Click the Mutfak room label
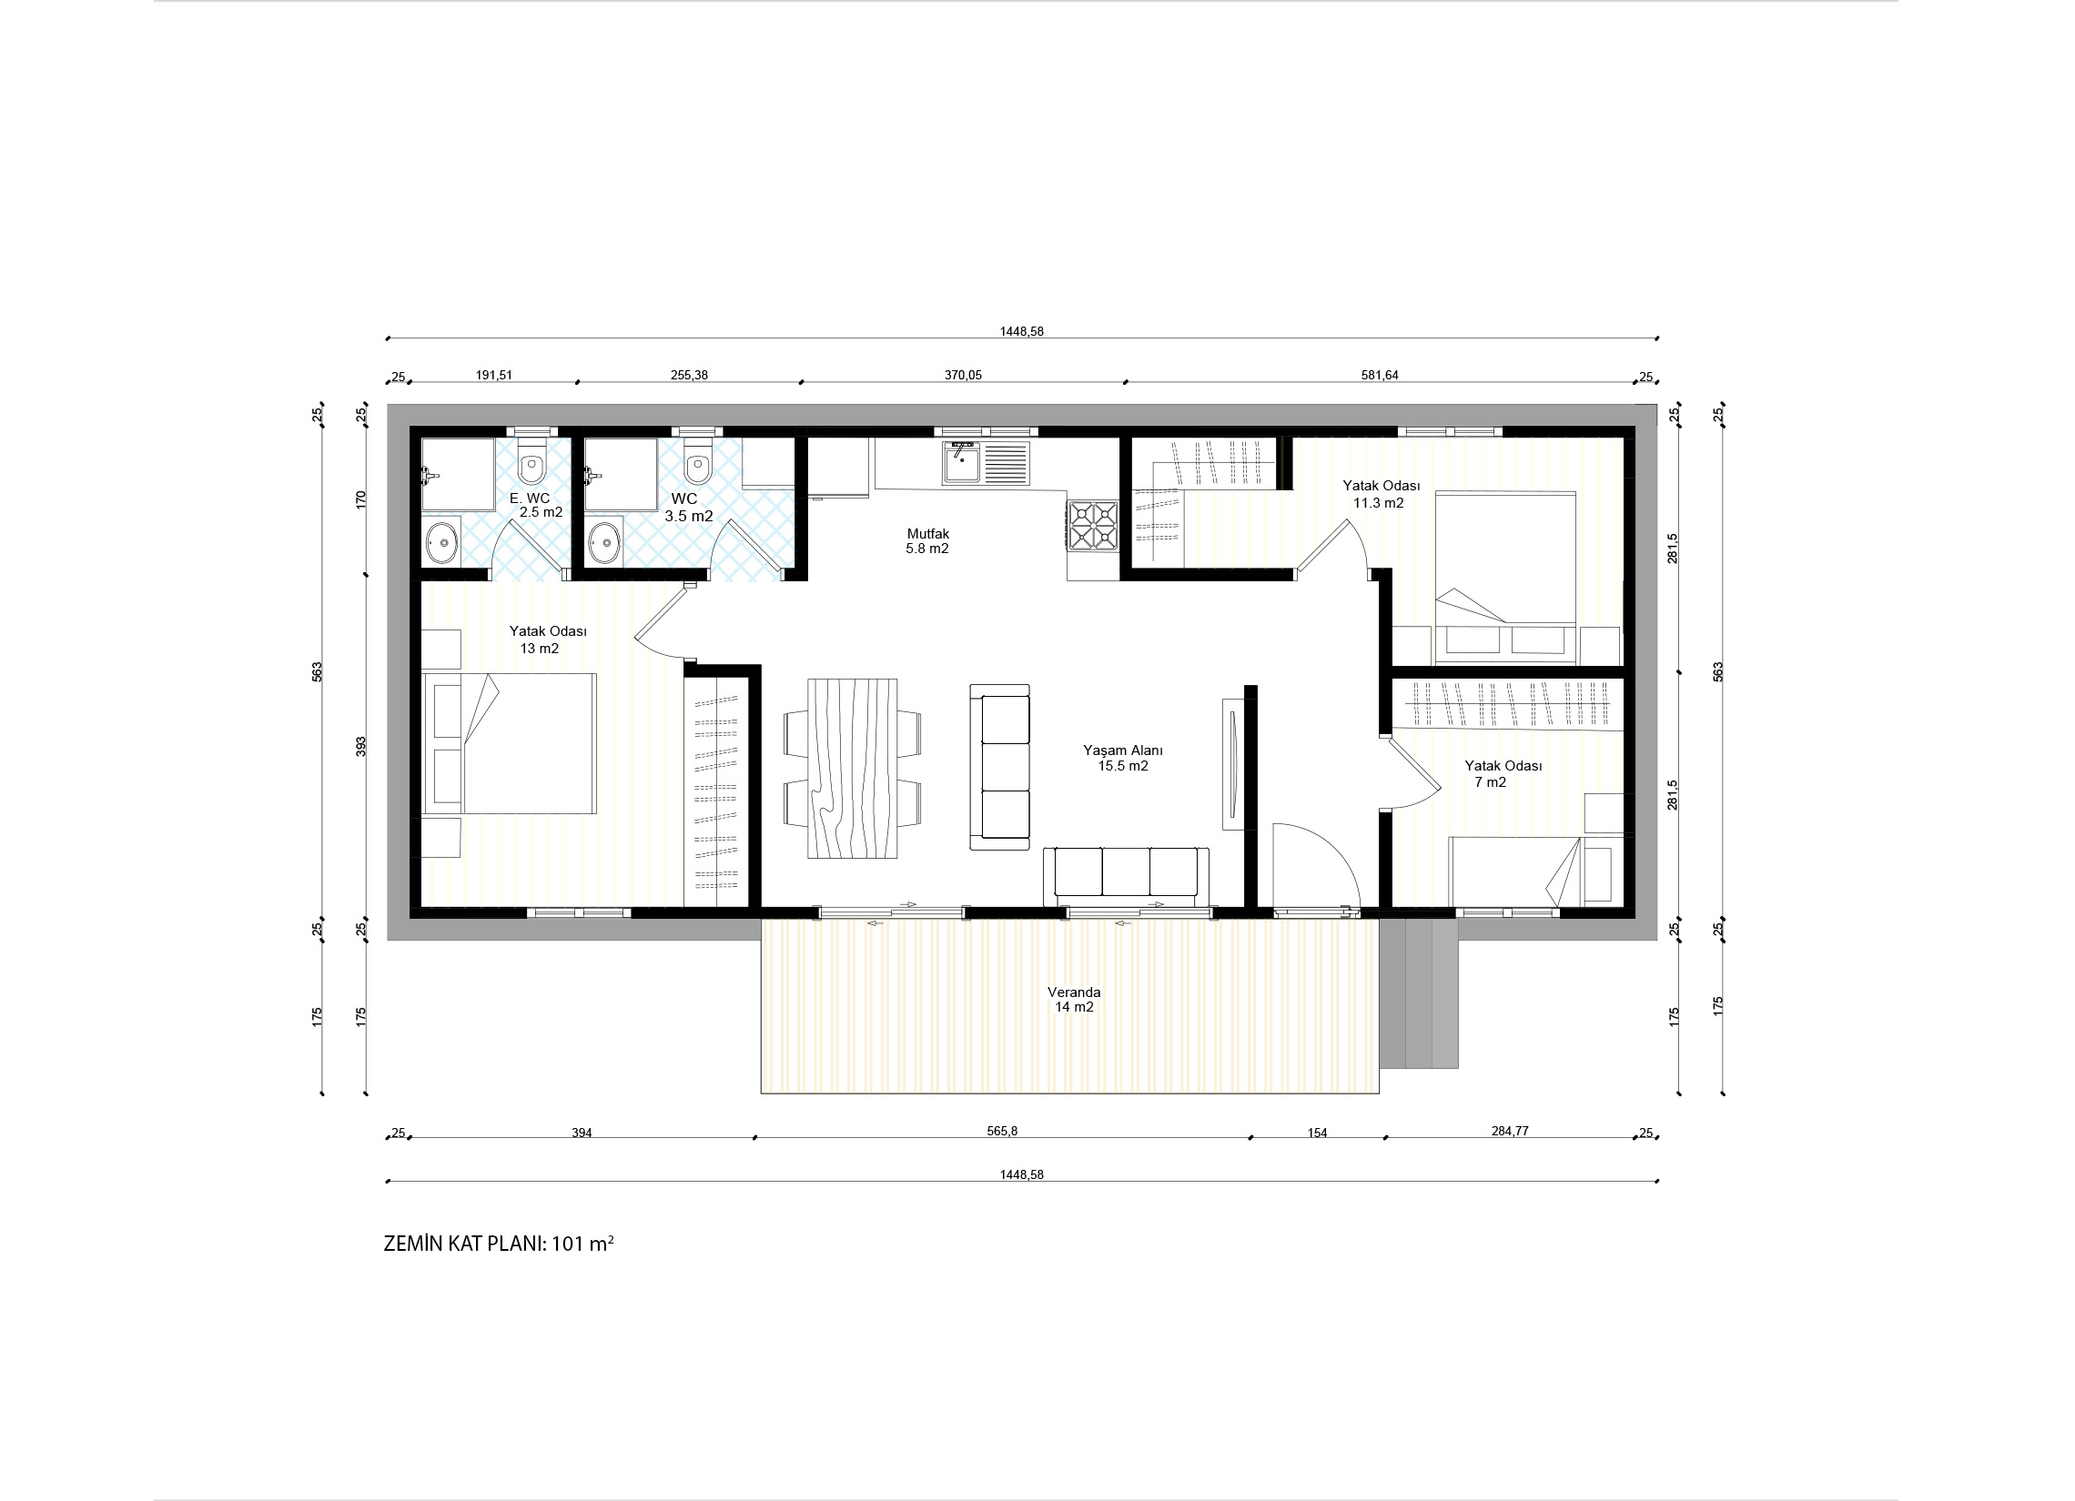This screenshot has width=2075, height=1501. pos(927,533)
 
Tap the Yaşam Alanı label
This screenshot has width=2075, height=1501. pos(1122,750)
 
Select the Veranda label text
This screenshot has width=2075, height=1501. pos(1074,992)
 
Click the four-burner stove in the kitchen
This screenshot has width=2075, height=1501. pos(1093,526)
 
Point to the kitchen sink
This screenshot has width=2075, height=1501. pos(987,463)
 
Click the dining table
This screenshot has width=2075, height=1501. pos(852,769)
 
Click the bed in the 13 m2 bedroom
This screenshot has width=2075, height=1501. pos(510,743)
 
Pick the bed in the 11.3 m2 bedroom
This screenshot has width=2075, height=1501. pos(1506,576)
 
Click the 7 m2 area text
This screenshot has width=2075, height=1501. pos(1491,782)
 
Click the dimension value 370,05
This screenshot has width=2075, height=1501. pos(963,375)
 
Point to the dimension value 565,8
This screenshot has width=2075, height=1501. pos(1002,1131)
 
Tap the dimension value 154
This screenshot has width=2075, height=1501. pos(1317,1133)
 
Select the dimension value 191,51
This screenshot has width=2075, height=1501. pos(494,375)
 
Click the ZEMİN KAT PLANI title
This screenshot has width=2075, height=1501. pos(499,1244)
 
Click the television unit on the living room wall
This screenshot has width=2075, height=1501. pos(1231,765)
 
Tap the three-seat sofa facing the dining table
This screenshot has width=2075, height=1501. pos(1000,767)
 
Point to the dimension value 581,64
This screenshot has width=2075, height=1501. pos(1380,375)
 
